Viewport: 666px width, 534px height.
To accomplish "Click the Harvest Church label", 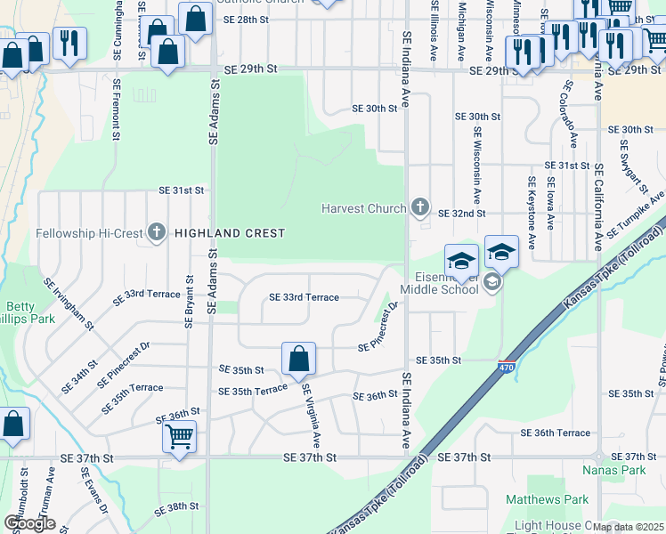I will [364, 210].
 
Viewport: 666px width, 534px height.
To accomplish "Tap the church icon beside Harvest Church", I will [420, 209].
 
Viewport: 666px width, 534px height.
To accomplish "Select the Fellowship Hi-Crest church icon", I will [157, 233].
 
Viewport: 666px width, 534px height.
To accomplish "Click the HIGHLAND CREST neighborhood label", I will [230, 233].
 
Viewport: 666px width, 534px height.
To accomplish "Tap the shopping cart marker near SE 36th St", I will [180, 438].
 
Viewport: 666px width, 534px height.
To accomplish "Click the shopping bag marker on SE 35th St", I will [300, 359].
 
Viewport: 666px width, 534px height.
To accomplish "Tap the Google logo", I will [29, 523].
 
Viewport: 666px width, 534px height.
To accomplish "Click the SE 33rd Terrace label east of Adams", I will [304, 297].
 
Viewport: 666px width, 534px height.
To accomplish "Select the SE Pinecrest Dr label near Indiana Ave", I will [379, 328].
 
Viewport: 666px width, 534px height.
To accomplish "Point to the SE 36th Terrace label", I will [562, 433].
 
